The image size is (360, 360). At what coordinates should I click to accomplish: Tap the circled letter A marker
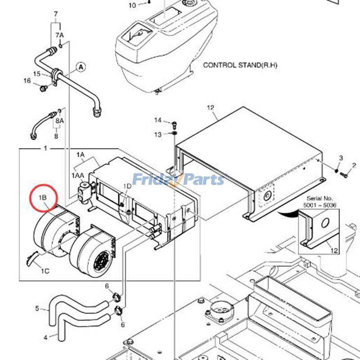point(81,67)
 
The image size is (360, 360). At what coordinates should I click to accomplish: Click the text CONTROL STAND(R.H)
point(240,65)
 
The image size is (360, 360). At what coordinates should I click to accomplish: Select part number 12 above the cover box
point(211,108)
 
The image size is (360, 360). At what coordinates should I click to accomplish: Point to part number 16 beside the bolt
point(27,81)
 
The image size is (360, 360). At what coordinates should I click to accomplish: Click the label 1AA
point(77,175)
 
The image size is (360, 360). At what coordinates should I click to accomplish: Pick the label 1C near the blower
point(45,271)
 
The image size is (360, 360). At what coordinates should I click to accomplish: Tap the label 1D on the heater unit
point(127,185)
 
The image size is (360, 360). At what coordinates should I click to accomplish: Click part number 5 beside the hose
point(37,308)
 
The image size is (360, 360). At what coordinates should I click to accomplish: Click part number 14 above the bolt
point(157,120)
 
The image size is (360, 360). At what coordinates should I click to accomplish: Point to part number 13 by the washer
point(157,135)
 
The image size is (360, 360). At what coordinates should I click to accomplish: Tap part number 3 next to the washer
point(341,158)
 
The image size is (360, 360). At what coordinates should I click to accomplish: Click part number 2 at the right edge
point(354,166)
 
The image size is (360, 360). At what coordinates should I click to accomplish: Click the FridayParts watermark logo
point(179,180)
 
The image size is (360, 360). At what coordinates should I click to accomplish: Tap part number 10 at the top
point(132,5)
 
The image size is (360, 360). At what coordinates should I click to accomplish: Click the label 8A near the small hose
point(59,121)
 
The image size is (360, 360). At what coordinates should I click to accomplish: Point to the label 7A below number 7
point(59,35)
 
